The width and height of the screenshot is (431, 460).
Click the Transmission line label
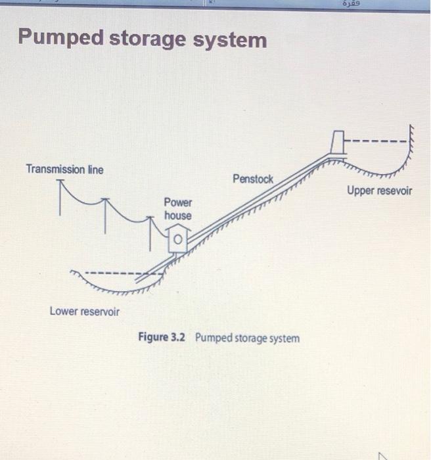64,170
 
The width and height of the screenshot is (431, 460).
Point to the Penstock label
252,179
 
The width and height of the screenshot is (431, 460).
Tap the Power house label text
177,209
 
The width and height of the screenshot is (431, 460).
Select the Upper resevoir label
379,191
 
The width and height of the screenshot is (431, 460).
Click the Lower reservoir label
85,311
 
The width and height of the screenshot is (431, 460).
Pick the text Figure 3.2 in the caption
162,338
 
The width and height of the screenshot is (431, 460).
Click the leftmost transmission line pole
61,197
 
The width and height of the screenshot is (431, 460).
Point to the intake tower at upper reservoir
338,141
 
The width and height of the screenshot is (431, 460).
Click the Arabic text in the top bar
352,4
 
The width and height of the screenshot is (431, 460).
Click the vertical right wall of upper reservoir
411,141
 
